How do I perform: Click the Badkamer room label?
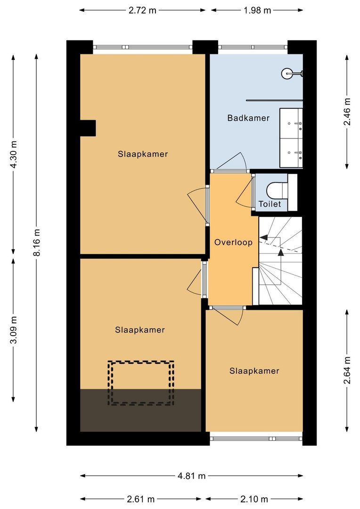click(x=248, y=118)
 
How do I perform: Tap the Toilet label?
click(x=270, y=204)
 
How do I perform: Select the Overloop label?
click(x=233, y=242)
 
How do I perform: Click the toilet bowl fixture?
click(x=276, y=190)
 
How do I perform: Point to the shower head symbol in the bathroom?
click(x=288, y=73)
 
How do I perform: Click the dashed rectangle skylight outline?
click(x=141, y=383)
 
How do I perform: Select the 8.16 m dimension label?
click(x=36, y=242)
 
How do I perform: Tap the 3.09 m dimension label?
click(x=14, y=329)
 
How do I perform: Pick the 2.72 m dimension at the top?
click(x=142, y=10)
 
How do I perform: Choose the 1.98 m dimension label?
click(x=257, y=10)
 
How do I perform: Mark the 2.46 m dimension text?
click(x=347, y=111)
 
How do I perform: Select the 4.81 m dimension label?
click(x=192, y=476)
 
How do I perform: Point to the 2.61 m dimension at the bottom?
click(x=140, y=499)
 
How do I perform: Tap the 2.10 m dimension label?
click(x=254, y=499)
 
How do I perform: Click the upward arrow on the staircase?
click(x=281, y=253)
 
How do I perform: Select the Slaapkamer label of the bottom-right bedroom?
click(x=254, y=371)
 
